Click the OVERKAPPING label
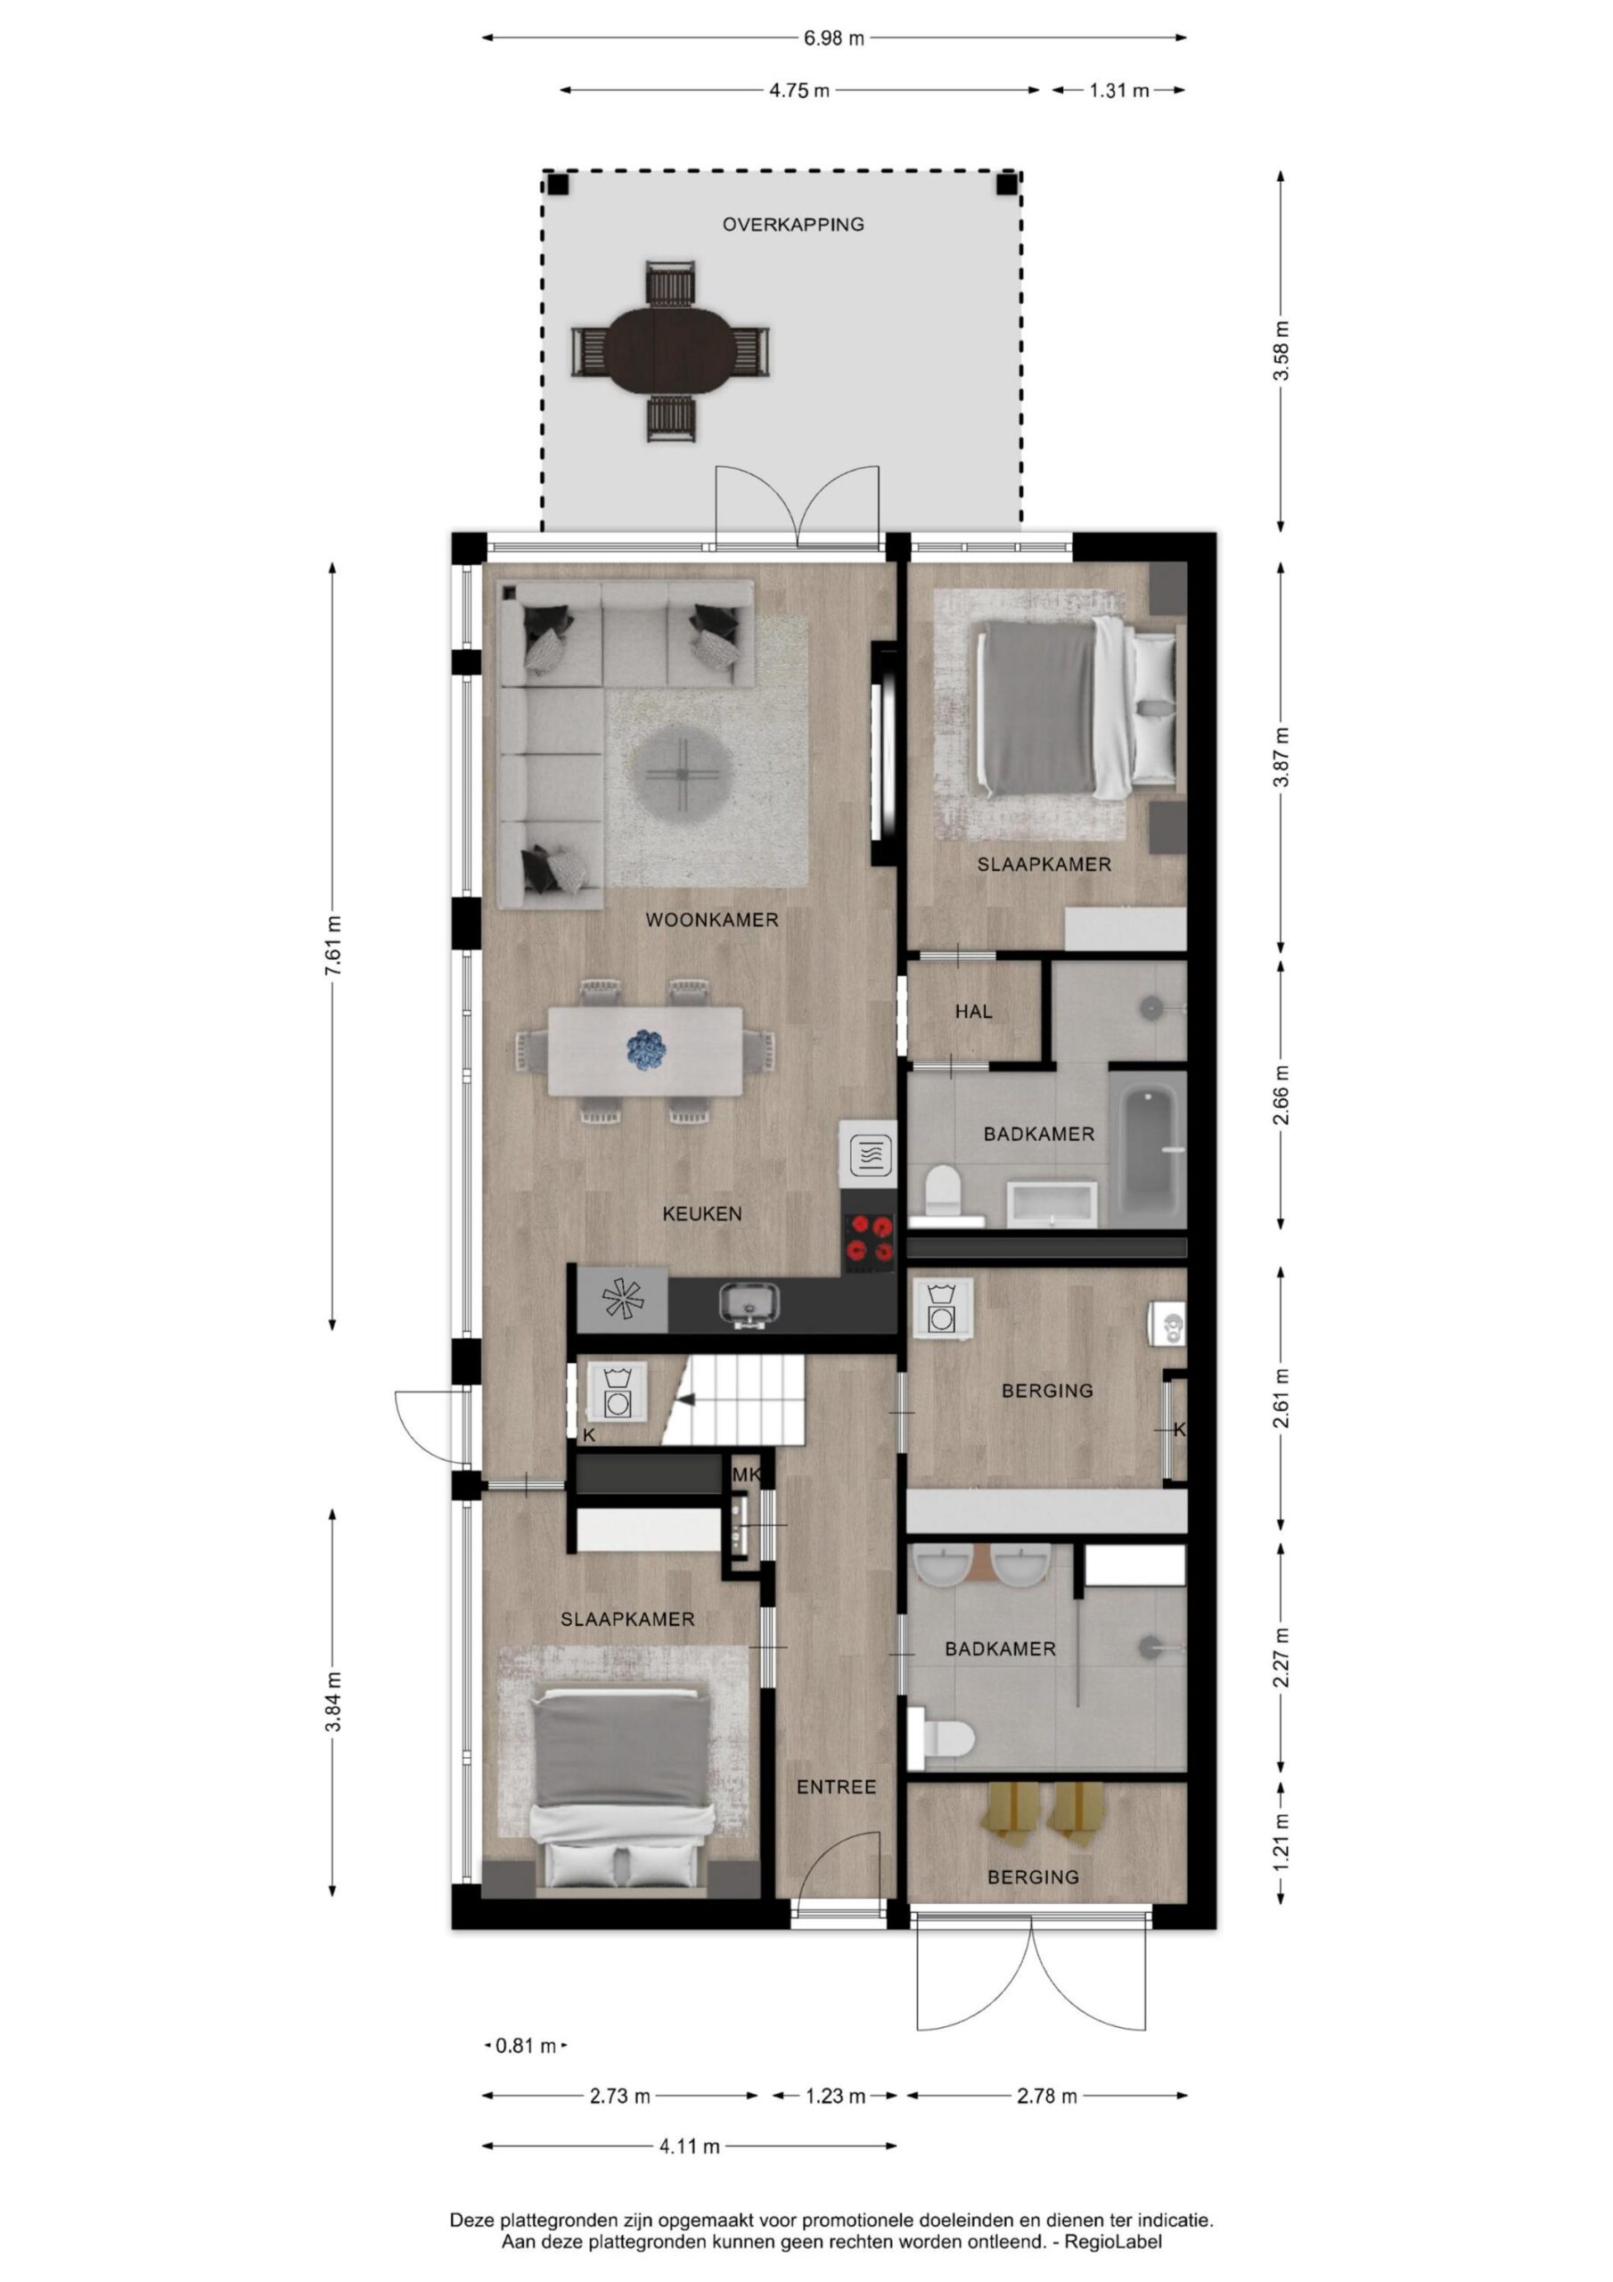[x=793, y=225]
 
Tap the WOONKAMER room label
[x=711, y=920]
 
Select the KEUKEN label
[x=702, y=1213]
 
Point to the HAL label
[x=973, y=1012]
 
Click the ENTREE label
[x=837, y=1787]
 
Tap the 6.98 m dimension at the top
[x=834, y=38]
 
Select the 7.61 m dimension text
[x=334, y=946]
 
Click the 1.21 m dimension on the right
[x=1282, y=1842]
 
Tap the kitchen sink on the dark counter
[x=749, y=1303]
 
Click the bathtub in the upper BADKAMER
[x=1146, y=1148]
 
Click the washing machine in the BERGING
[x=942, y=1306]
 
